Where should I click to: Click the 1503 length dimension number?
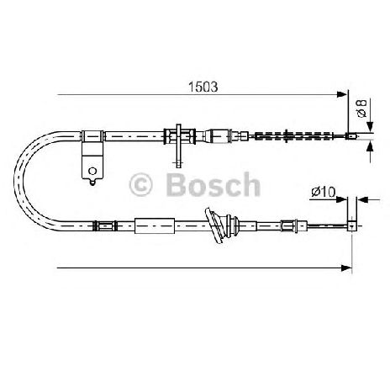pos(203,87)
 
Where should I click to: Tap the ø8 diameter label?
pos(361,109)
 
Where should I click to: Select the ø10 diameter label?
pos(324,192)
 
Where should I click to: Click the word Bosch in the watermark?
pos(213,184)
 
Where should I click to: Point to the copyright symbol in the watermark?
pos(140,184)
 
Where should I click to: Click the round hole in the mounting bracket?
pos(92,171)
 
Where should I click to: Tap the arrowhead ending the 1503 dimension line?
pos(342,94)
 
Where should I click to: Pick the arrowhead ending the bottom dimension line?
pos(347,268)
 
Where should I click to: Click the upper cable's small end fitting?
pos(352,136)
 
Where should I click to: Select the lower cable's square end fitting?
pos(352,225)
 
